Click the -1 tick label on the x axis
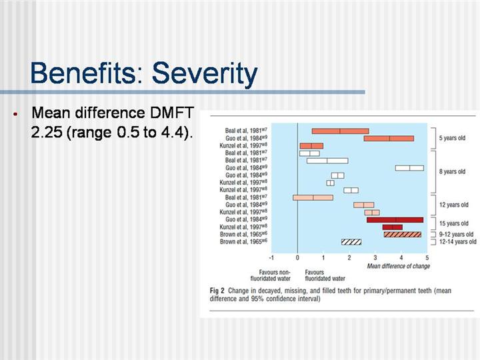pos(271,257)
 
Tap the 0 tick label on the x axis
pos(297,257)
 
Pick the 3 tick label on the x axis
pos(375,257)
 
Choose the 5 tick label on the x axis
pos(427,257)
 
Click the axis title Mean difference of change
pos(399,266)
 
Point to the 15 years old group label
pos(453,223)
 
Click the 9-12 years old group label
pos(456,234)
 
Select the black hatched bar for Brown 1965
pos(351,241)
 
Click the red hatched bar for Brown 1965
pos(403,234)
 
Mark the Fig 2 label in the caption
pos(217,291)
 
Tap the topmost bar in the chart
pos(340,131)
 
